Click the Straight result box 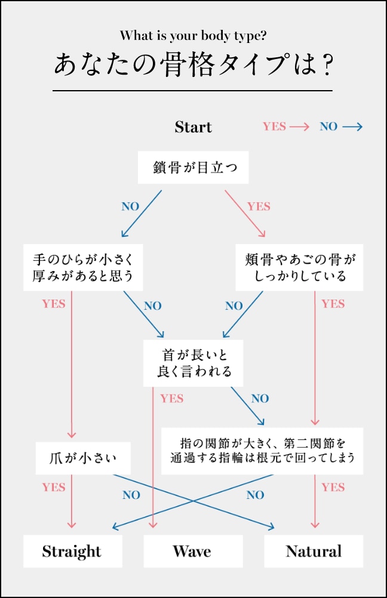(72, 551)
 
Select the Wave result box (192, 551)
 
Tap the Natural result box (314, 551)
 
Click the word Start (193, 127)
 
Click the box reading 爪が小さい (82, 458)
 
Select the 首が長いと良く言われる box (193, 363)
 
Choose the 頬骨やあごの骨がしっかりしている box (299, 267)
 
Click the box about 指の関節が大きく (262, 451)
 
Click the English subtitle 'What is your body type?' (193, 35)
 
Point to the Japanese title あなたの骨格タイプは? (193, 65)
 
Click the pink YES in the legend (274, 127)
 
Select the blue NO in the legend (328, 127)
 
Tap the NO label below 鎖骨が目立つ (130, 206)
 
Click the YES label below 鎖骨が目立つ (259, 206)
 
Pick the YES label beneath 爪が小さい (54, 487)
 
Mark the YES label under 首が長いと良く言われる (172, 398)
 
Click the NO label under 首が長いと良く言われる (260, 398)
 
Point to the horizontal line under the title (192, 91)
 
